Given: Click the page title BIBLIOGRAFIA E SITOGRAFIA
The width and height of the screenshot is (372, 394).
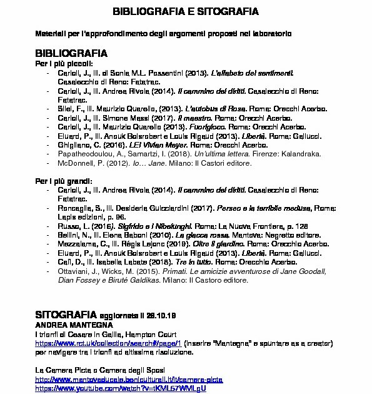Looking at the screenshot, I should point(185,12).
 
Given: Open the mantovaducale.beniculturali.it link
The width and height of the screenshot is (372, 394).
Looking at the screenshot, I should point(129,380).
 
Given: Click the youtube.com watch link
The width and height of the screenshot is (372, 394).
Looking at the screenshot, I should point(120,388).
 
